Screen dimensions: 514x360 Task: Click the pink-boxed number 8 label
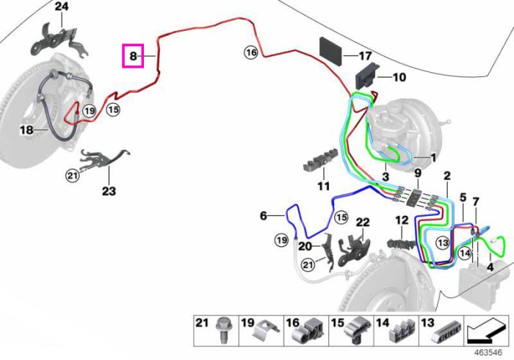(133, 56)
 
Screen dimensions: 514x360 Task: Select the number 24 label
(62, 6)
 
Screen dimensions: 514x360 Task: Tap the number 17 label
(365, 56)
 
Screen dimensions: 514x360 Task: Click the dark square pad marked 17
(330, 51)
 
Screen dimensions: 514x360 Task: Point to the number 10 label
(399, 77)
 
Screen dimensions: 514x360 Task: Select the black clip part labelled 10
(367, 76)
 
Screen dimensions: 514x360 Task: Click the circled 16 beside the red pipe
(251, 52)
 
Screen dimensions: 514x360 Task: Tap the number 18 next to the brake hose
(26, 130)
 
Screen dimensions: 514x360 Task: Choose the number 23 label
(109, 191)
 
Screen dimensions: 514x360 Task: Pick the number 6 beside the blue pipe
(263, 216)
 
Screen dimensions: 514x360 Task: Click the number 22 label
(363, 223)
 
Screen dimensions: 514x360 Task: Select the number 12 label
(402, 220)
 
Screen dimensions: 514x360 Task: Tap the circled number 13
(443, 243)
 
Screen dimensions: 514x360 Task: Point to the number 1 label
(433, 158)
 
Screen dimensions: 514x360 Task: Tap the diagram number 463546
(489, 353)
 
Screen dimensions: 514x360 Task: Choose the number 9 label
(417, 173)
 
